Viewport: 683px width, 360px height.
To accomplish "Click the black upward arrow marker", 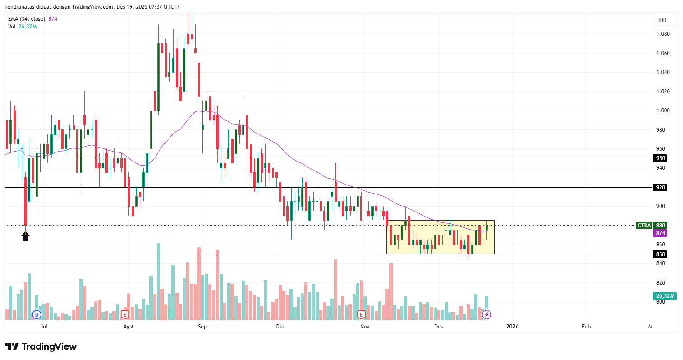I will pyautogui.click(x=25, y=235).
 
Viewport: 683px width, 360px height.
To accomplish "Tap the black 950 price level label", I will pyautogui.click(x=660, y=158).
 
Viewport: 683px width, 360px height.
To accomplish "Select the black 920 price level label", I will pyautogui.click(x=660, y=188).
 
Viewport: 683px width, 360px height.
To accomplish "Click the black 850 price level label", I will pyautogui.click(x=660, y=254).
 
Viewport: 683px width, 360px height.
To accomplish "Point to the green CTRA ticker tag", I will pyautogui.click(x=644, y=226).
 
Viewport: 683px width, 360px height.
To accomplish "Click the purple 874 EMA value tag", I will pyautogui.click(x=660, y=233).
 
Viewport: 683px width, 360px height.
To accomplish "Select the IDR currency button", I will pyautogui.click(x=662, y=20).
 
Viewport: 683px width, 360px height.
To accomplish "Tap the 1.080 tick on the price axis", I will pyautogui.click(x=663, y=34).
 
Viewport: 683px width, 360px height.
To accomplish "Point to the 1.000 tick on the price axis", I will pyautogui.click(x=663, y=111).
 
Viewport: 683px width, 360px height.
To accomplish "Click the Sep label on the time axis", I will pyautogui.click(x=202, y=327).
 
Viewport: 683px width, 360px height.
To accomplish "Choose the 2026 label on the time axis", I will pyautogui.click(x=512, y=327).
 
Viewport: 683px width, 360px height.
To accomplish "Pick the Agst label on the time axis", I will pyautogui.click(x=128, y=327).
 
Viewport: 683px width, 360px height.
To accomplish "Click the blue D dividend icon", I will pyautogui.click(x=37, y=314).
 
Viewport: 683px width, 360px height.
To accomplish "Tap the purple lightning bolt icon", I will pyautogui.click(x=486, y=314).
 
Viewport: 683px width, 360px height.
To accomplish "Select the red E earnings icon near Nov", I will pyautogui.click(x=361, y=314).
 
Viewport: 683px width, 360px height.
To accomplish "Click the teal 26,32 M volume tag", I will pyautogui.click(x=664, y=296).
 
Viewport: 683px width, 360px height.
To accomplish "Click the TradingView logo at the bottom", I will pyautogui.click(x=41, y=346).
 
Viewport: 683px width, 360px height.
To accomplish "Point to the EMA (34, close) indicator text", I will pyautogui.click(x=26, y=19).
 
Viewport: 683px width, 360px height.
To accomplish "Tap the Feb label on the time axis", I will pyautogui.click(x=586, y=327).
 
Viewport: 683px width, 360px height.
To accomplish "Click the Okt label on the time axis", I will pyautogui.click(x=280, y=327).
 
